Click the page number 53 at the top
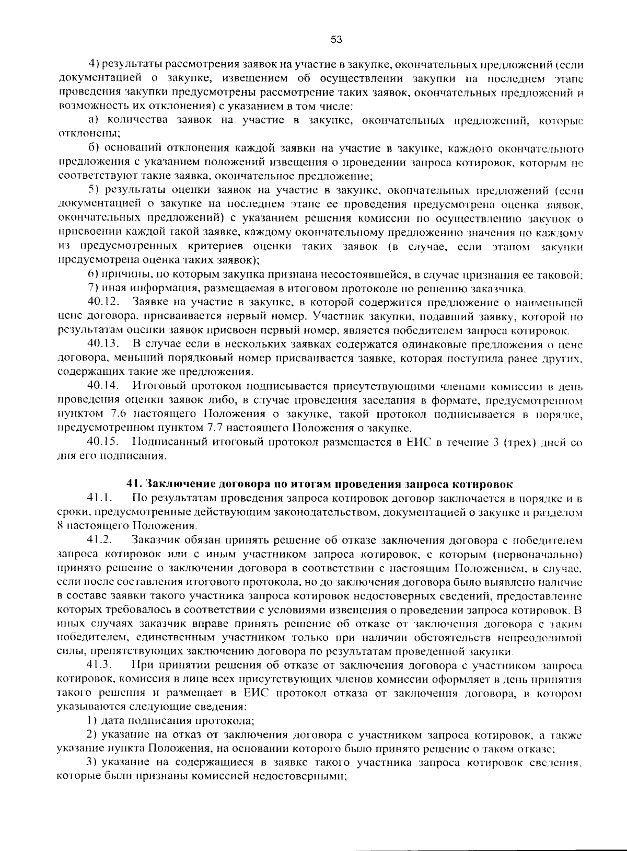[x=336, y=40]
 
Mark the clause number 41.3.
[x=100, y=666]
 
